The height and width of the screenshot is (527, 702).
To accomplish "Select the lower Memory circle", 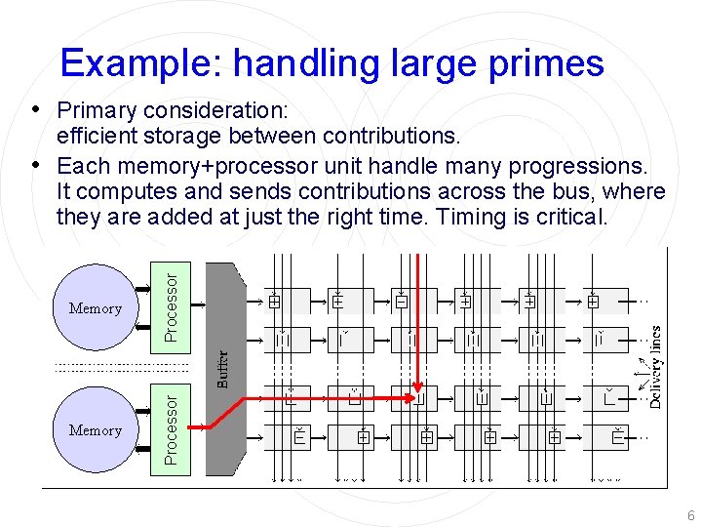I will tap(96, 429).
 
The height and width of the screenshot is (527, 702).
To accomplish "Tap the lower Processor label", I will tap(172, 427).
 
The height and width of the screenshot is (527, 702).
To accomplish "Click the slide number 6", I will tap(690, 515).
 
